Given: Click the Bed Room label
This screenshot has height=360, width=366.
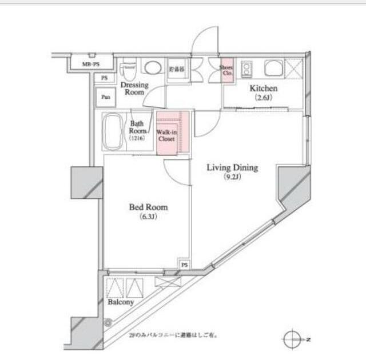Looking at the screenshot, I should pyautogui.click(x=148, y=207).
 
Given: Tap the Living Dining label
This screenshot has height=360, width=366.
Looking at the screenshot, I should pyautogui.click(x=232, y=168).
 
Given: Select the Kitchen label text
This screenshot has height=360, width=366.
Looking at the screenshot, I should pyautogui.click(x=262, y=89).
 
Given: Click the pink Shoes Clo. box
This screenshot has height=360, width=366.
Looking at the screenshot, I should pyautogui.click(x=226, y=71).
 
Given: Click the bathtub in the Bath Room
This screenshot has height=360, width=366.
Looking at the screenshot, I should pyautogui.click(x=113, y=131).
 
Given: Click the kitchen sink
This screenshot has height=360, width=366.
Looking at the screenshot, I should pyautogui.click(x=273, y=69).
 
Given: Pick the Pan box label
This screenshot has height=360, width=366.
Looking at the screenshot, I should pyautogui.click(x=106, y=97).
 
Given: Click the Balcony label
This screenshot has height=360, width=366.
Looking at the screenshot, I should pyautogui.click(x=121, y=302).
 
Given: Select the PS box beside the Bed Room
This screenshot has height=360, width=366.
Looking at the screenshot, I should pyautogui.click(x=184, y=265).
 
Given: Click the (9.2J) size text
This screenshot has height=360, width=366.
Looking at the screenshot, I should pyautogui.click(x=232, y=177).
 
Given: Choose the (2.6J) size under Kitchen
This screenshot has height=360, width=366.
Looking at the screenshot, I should pyautogui.click(x=262, y=98).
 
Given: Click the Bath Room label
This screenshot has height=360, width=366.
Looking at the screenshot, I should pyautogui.click(x=137, y=127).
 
